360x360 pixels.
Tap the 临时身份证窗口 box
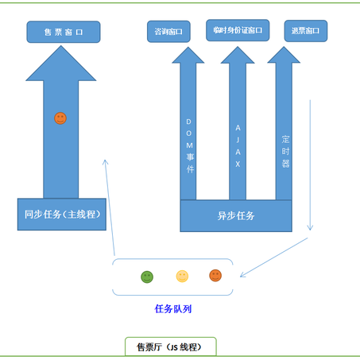point(238,30)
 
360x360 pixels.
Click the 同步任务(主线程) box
point(62,214)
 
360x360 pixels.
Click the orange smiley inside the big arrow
point(60,118)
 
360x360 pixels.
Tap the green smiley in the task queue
point(147,277)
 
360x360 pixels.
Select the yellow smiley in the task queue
point(182,277)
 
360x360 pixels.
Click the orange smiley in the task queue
point(215,276)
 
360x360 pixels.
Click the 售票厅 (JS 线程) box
point(171,346)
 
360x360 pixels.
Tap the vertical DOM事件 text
point(189,146)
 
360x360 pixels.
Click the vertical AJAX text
point(238,145)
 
